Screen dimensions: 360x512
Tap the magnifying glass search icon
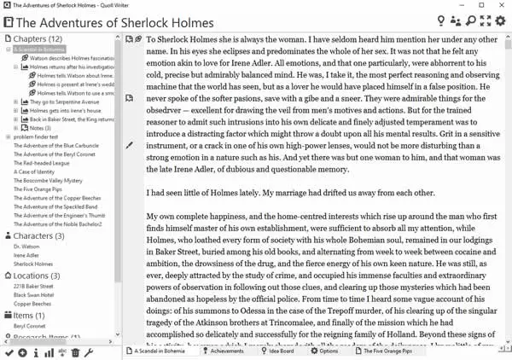pos(470,20)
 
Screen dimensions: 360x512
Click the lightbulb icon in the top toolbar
pos(440,20)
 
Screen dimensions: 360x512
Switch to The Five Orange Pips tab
pos(387,351)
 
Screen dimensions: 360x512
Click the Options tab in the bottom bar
pos(328,351)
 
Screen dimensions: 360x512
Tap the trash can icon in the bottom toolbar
pos(75,352)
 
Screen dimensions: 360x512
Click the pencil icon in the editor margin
pos(129,146)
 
